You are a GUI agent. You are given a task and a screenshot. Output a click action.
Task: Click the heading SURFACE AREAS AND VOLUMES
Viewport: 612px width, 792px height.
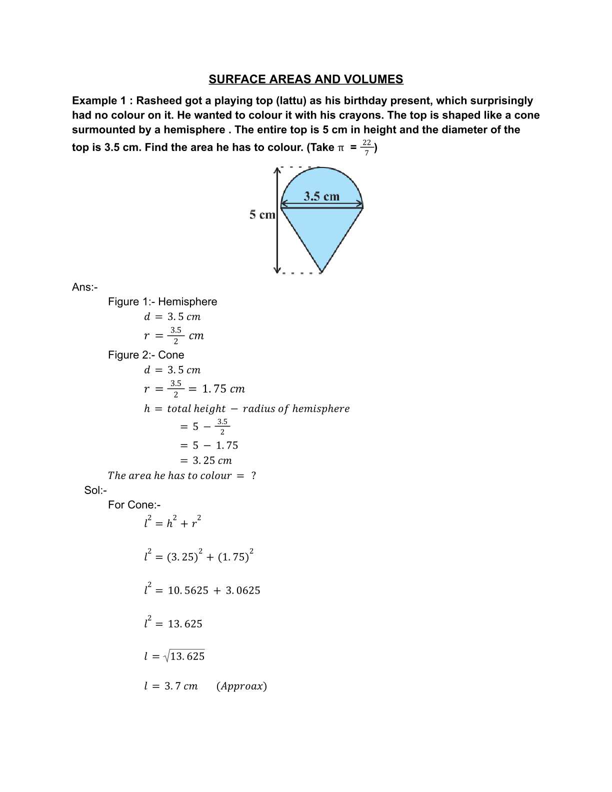[x=305, y=79]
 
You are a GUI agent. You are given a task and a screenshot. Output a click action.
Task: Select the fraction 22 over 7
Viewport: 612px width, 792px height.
[x=366, y=147]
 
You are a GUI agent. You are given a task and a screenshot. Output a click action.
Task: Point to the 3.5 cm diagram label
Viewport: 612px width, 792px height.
[x=321, y=196]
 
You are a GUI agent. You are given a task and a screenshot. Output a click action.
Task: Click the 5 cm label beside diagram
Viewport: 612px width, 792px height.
[x=262, y=215]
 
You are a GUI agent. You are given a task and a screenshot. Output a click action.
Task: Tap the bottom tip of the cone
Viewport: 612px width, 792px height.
[x=321, y=272]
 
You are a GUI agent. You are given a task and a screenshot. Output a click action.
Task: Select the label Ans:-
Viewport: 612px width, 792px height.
[x=84, y=287]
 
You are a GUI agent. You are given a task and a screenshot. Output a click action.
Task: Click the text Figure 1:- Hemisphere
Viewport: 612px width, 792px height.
[x=162, y=301]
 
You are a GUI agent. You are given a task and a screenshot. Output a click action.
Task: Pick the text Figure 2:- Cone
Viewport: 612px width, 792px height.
[x=146, y=355]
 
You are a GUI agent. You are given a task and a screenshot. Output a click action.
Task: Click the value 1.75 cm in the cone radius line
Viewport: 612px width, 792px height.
[x=223, y=389]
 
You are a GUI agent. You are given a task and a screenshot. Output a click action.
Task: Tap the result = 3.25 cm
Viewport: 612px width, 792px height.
[x=206, y=460]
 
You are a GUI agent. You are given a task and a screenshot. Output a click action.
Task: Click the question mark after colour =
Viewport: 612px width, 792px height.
[x=253, y=475]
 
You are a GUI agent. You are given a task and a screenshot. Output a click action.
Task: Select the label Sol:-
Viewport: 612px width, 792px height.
[x=95, y=490]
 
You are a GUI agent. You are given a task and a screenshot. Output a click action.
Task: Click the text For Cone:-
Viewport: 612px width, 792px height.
[x=134, y=505]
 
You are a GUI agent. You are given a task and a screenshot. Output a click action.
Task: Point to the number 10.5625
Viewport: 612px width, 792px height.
[x=188, y=590]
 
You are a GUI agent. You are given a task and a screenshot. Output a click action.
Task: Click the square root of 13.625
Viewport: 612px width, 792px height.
[x=184, y=656]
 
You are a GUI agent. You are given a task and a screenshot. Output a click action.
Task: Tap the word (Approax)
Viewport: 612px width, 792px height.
[x=241, y=686]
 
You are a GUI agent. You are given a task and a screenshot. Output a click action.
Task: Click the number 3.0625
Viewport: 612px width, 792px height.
[x=243, y=590]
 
